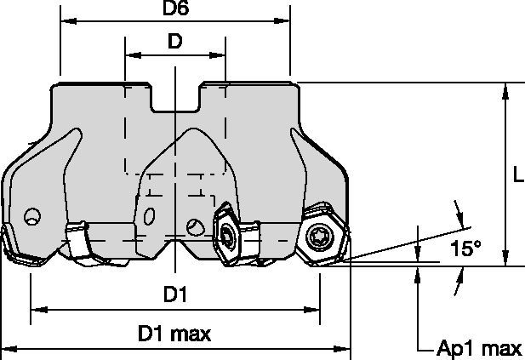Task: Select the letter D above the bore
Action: [x=174, y=42]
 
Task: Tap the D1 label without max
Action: [x=174, y=294]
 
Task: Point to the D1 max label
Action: [x=175, y=334]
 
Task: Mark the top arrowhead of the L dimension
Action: [x=506, y=89]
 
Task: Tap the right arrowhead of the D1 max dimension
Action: [x=345, y=349]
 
